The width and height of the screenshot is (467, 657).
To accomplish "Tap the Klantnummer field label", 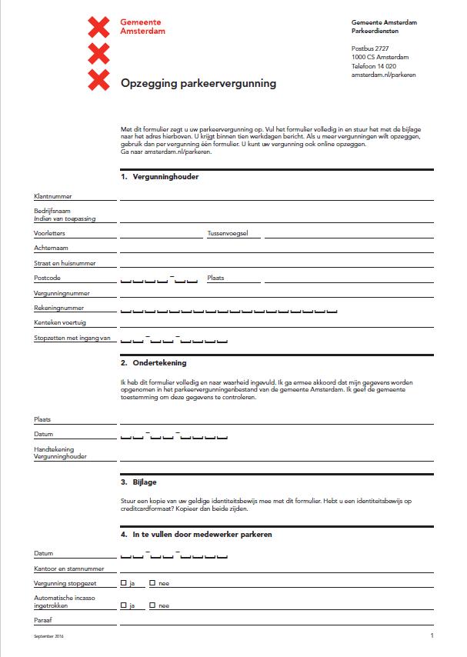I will [x=52, y=197].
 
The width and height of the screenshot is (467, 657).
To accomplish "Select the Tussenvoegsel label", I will [x=227, y=232].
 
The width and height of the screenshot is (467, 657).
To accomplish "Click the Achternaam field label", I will [x=51, y=248].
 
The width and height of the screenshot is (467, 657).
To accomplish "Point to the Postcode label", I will [x=47, y=278].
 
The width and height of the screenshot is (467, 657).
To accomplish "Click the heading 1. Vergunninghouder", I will [x=160, y=177].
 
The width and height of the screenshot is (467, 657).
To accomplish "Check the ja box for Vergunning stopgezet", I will [x=124, y=583].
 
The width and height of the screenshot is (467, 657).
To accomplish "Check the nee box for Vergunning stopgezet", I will [x=152, y=583].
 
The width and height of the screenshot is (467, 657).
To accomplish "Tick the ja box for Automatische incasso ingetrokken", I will [x=124, y=605].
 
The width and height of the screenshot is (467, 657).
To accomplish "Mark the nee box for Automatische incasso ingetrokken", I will [x=152, y=605].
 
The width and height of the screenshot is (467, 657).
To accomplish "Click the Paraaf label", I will [x=43, y=619].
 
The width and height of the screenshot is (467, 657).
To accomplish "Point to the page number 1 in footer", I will [x=432, y=636].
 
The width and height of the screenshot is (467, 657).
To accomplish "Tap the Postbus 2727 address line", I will [x=370, y=48].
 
